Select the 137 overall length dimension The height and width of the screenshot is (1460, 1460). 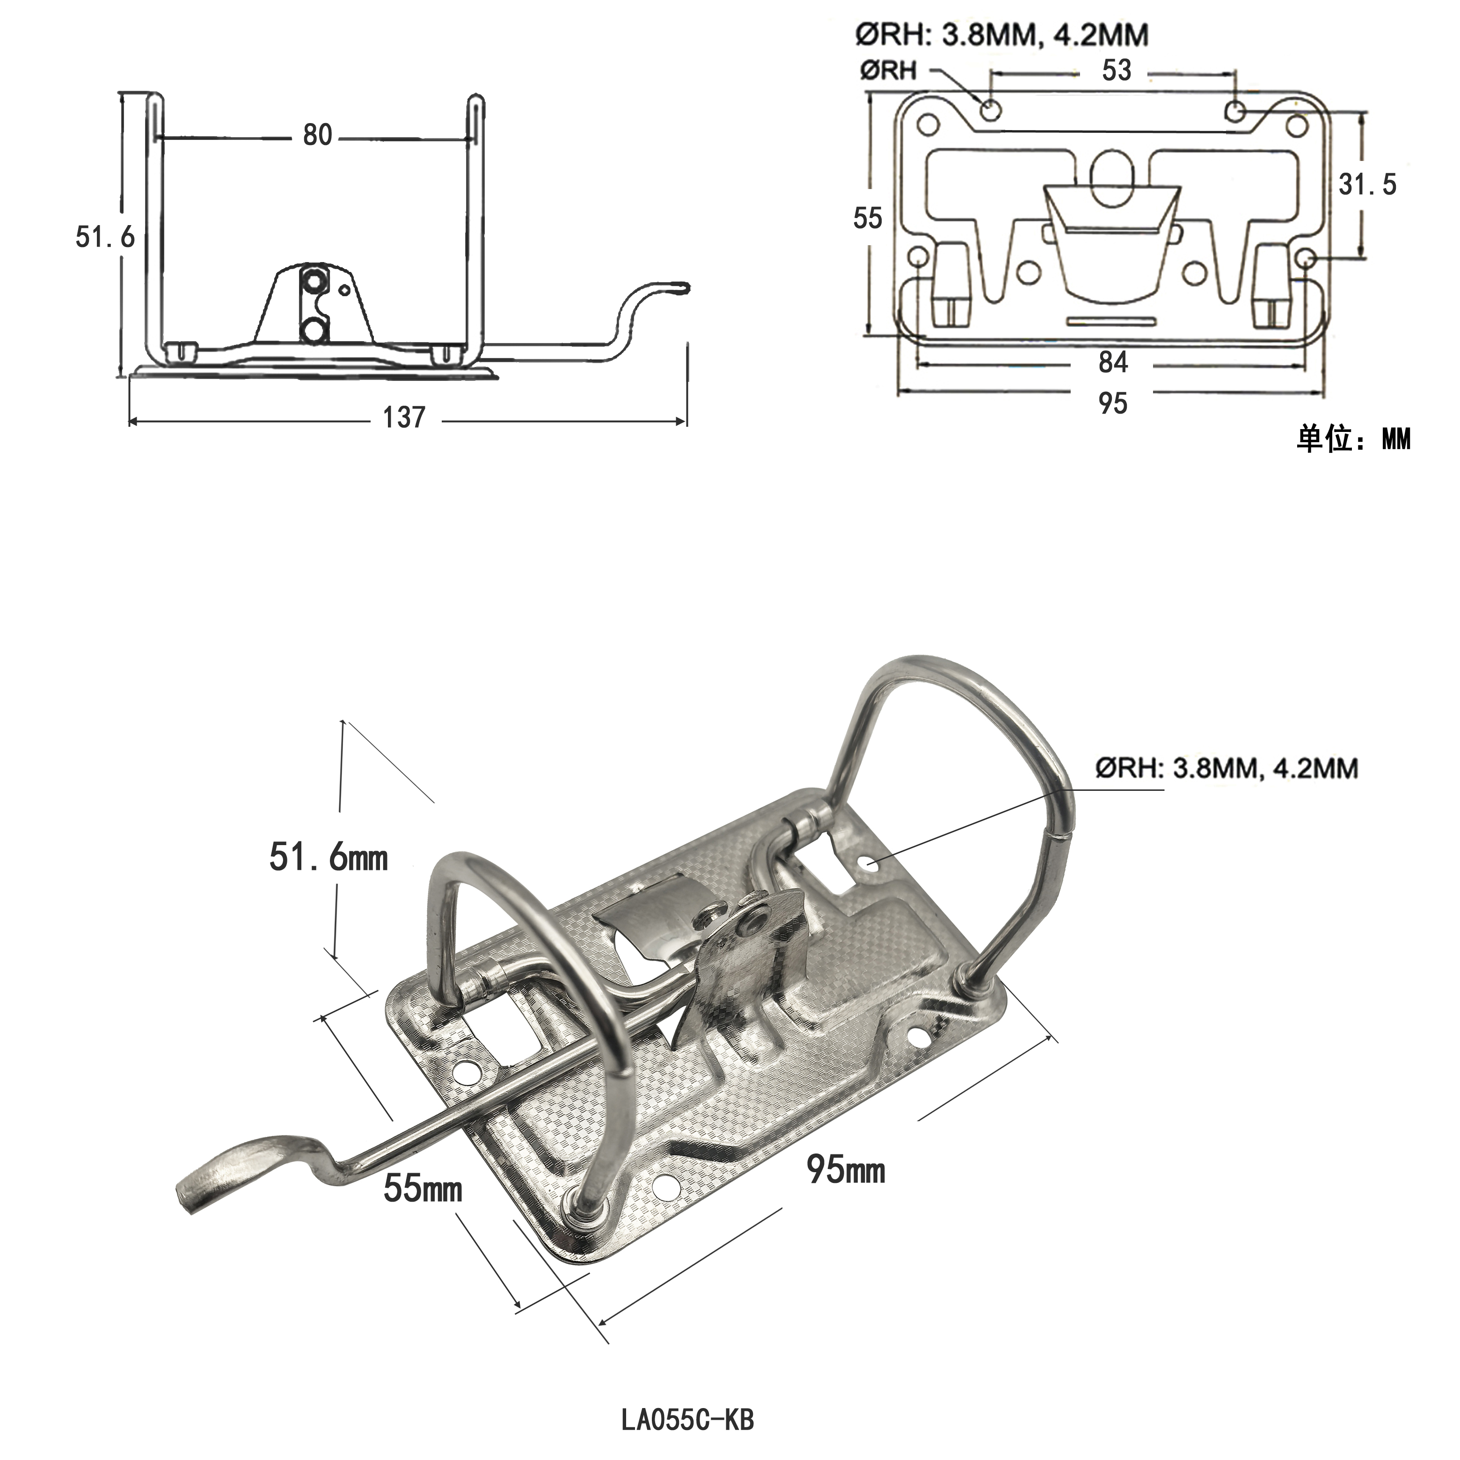point(404,417)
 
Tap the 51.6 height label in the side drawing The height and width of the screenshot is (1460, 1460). point(104,237)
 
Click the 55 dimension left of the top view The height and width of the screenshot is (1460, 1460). point(868,219)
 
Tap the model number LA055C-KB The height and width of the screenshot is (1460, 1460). point(688,1420)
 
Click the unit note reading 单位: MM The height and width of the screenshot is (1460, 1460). point(1353,439)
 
